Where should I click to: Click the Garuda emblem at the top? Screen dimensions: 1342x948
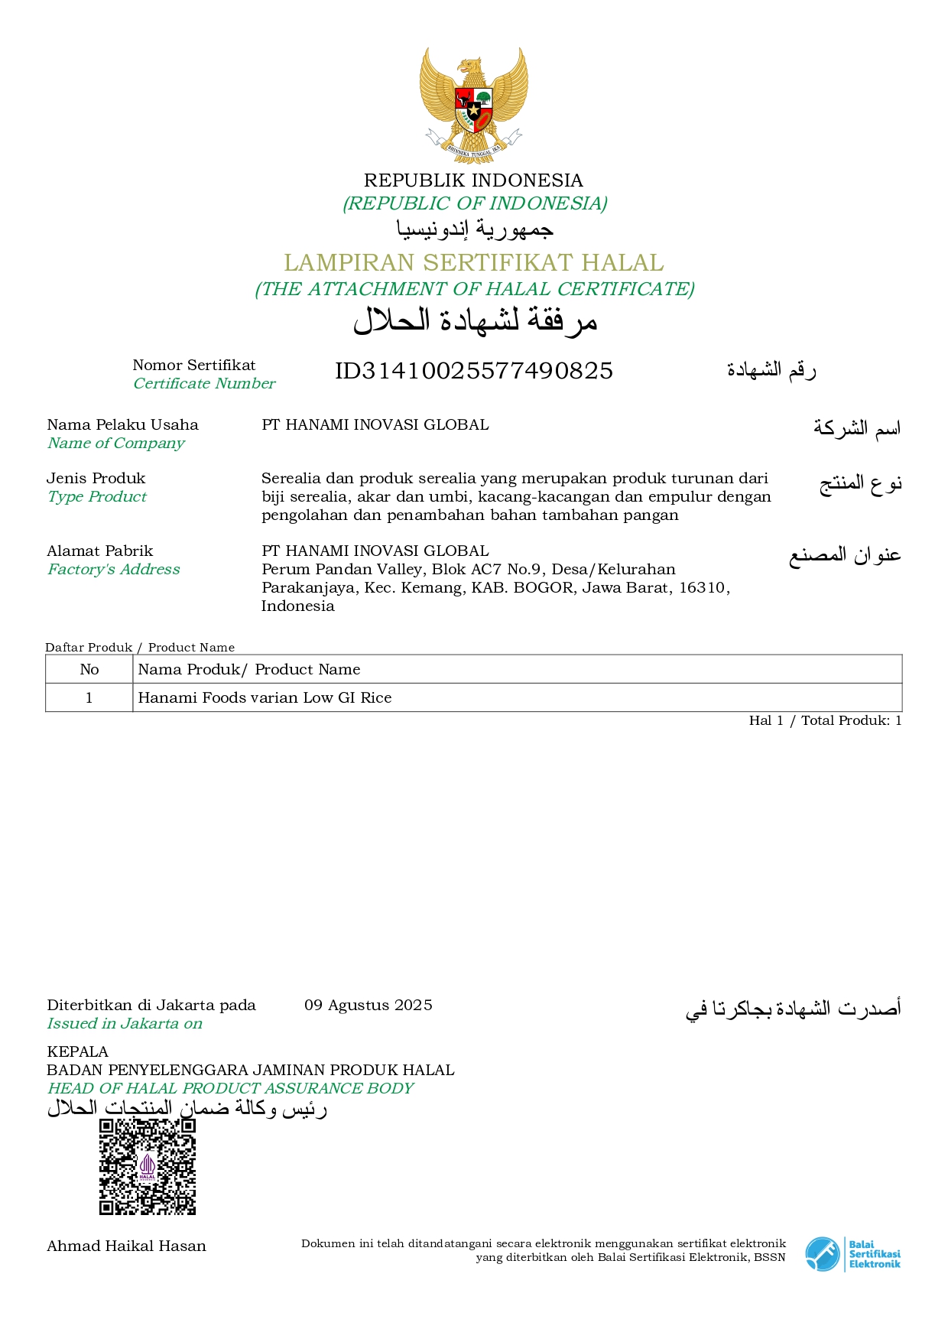[473, 101]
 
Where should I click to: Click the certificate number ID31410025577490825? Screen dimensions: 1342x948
[474, 371]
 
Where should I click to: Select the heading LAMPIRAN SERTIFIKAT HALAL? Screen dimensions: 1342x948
[474, 263]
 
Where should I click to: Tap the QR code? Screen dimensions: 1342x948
[148, 1167]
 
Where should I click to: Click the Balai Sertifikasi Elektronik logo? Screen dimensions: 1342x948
[852, 1254]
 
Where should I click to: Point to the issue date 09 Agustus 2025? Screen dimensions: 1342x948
[368, 1005]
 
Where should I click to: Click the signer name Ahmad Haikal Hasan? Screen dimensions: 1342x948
[127, 1246]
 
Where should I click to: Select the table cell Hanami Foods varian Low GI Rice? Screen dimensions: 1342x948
[265, 697]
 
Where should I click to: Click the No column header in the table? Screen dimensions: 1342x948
[89, 669]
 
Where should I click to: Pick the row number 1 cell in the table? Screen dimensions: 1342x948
[89, 697]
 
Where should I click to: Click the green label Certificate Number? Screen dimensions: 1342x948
[204, 384]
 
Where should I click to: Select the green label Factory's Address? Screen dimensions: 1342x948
[114, 569]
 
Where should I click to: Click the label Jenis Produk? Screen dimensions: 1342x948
[96, 478]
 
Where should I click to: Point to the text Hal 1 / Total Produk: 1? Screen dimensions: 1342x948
[825, 720]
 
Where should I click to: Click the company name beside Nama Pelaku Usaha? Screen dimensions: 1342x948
[375, 424]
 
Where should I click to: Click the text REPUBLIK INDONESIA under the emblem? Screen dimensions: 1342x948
[473, 180]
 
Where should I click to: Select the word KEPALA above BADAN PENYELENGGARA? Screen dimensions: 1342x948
[78, 1051]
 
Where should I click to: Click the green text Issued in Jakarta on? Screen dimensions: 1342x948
[125, 1024]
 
